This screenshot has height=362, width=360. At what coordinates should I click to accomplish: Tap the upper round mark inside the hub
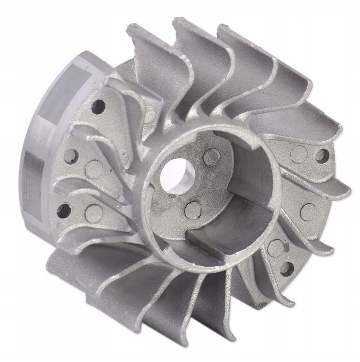[x=211, y=157]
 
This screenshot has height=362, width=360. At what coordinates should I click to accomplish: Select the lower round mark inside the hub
[x=193, y=209]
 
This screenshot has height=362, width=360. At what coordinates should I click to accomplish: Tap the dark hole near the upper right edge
[x=322, y=156]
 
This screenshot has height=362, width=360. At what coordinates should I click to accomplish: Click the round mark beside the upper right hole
[x=299, y=154]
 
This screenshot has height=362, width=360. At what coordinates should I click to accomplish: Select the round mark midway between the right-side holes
[x=308, y=212]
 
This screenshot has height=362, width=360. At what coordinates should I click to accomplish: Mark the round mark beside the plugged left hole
[x=93, y=169]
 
